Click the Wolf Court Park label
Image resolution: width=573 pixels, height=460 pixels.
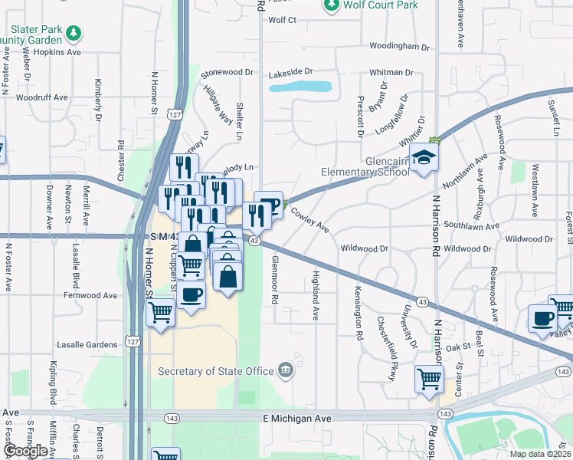point(381,5)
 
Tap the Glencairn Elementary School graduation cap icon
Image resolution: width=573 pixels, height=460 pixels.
point(424,159)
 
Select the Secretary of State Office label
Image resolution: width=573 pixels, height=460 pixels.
point(215,371)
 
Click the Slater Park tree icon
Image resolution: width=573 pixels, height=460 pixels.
point(74,32)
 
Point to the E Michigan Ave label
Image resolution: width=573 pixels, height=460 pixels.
point(297,419)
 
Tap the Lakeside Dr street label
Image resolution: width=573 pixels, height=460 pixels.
point(291,72)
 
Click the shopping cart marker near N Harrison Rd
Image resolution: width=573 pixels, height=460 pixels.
point(429,379)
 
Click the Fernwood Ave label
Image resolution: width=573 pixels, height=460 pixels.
point(90,295)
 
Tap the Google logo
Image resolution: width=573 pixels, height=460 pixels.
point(25,451)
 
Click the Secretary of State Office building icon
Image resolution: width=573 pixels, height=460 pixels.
point(286,370)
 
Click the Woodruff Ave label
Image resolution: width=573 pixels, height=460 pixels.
point(42,97)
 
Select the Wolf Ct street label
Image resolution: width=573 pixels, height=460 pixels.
point(282,20)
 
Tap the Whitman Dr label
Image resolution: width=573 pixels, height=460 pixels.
point(391,73)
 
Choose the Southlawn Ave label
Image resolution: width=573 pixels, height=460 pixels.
point(472,226)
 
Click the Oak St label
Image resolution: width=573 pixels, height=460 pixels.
point(457,347)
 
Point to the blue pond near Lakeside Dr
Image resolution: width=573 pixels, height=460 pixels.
point(301,87)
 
